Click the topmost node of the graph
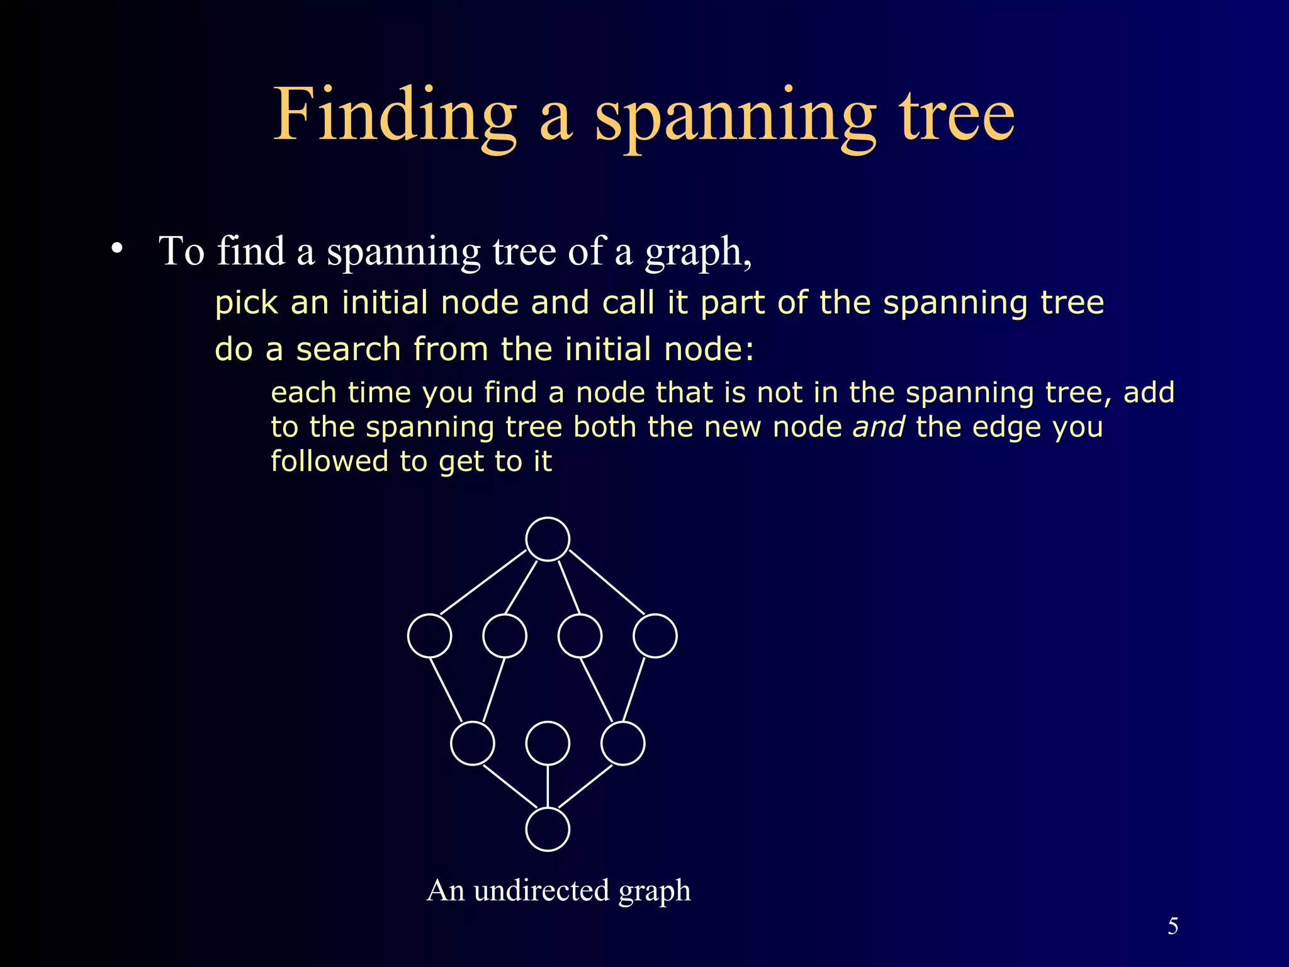[x=548, y=539]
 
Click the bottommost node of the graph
[x=548, y=829]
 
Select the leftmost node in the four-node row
[x=429, y=636]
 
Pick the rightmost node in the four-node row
[x=655, y=636]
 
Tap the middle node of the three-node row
[x=548, y=744]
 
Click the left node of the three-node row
[x=473, y=744]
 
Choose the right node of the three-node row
[x=623, y=744]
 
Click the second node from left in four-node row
[x=505, y=636]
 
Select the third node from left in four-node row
[x=580, y=636]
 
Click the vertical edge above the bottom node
[x=548, y=786]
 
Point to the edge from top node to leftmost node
[x=483, y=582]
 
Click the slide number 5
[x=1173, y=926]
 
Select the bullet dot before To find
[x=116, y=249]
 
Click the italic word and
[x=879, y=427]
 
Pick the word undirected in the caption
[x=542, y=890]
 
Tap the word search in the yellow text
[x=348, y=349]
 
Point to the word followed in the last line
[x=330, y=461]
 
